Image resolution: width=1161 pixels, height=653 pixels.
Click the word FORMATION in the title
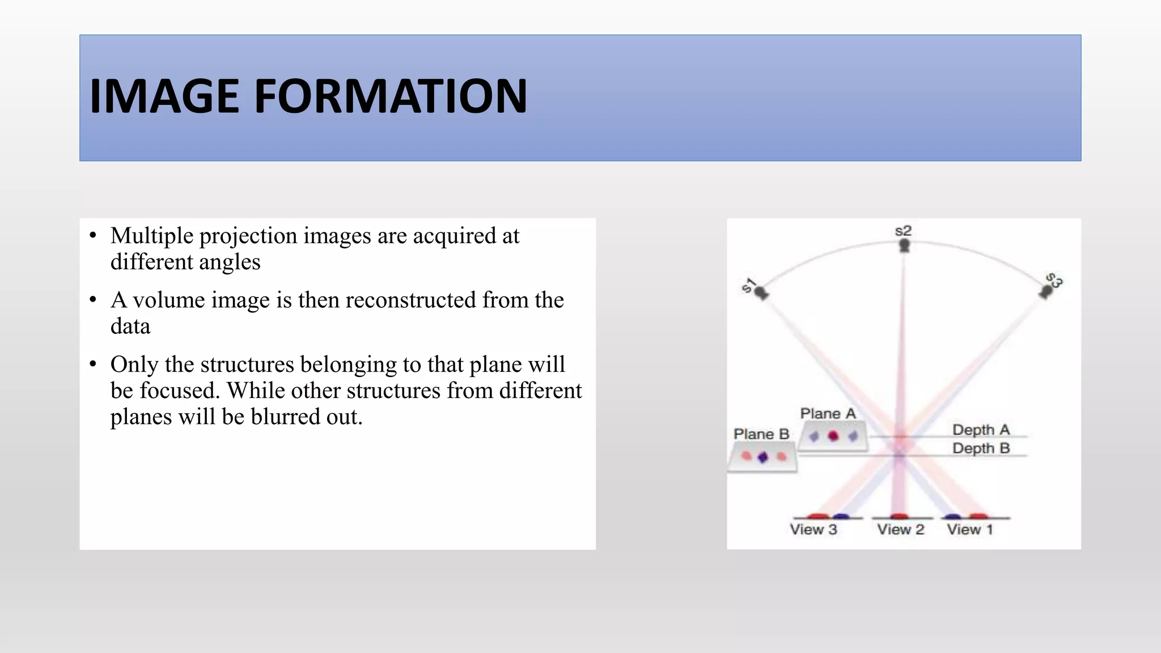pos(391,96)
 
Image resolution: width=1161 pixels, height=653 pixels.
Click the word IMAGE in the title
pos(165,96)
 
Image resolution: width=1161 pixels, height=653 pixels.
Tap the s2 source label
pos(903,231)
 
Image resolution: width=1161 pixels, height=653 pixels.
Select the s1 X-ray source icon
pos(761,293)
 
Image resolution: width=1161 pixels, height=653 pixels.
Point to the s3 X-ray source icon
pos(1046,292)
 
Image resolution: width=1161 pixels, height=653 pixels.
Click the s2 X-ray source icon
pos(904,245)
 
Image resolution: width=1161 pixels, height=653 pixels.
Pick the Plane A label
pos(828,414)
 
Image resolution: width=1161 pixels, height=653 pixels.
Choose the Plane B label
pos(761,434)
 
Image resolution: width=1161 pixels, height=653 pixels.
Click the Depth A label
pos(981,430)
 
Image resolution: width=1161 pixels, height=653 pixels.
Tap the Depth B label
pos(981,448)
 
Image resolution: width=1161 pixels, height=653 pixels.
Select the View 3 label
pos(813,529)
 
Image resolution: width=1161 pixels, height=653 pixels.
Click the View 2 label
pos(900,529)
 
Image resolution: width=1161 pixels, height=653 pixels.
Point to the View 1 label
pos(970,529)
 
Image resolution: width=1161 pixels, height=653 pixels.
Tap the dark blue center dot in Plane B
pos(763,457)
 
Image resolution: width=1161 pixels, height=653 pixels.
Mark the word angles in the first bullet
pos(230,262)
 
